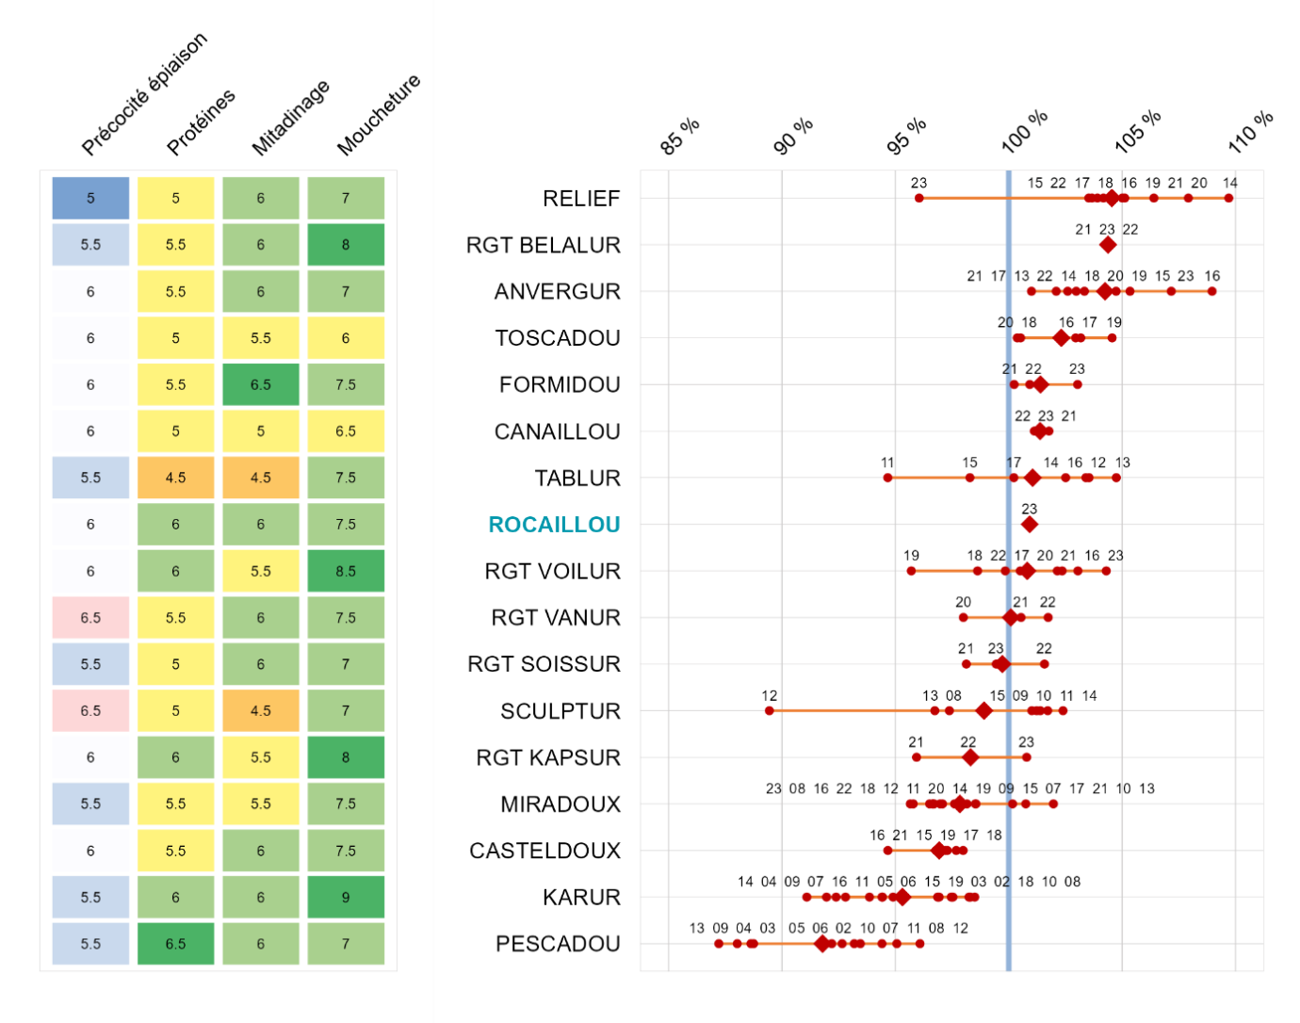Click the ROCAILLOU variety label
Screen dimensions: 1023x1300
coord(554,525)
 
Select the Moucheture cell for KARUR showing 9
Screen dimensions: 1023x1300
coord(346,898)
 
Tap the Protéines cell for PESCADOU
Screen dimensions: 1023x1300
coord(175,944)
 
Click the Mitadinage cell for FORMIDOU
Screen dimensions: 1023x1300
coord(261,384)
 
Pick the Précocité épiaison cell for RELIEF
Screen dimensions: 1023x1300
coord(90,198)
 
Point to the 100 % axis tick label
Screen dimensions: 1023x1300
coord(1024,132)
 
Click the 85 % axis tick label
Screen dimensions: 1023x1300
coord(680,138)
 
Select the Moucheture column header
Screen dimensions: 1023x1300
coord(378,115)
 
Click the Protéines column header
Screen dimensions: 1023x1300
coord(201,122)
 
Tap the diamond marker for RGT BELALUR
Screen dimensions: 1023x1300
coord(1108,245)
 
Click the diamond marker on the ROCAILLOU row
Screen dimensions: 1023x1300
coord(1030,525)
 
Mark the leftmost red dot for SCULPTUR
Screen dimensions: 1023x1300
coord(770,710)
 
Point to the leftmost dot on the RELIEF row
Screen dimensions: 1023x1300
coord(919,198)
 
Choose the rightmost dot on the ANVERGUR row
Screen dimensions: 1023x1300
coord(1212,291)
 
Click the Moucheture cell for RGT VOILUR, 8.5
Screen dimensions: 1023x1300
coord(346,571)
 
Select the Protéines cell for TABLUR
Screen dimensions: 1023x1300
coord(175,478)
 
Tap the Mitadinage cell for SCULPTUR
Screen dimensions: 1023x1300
coord(261,711)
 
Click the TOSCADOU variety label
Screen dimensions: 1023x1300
coord(558,338)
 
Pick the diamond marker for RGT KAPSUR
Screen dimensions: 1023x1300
coord(970,757)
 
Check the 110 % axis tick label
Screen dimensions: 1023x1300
coord(1250,132)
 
